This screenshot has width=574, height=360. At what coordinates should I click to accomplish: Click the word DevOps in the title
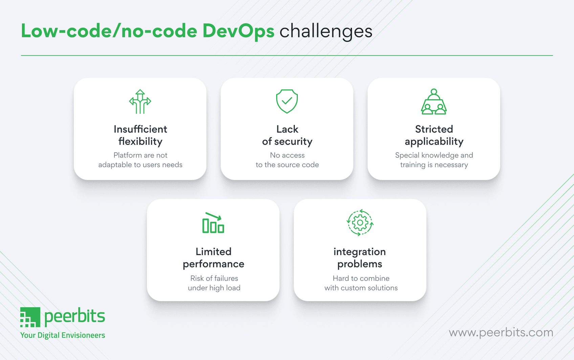(238, 31)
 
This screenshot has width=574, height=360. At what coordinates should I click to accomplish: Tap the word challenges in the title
(326, 31)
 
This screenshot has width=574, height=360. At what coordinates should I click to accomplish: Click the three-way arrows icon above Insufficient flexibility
(140, 102)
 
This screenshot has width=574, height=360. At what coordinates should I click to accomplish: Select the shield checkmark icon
(287, 101)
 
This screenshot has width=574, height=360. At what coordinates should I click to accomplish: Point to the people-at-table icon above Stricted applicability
(434, 102)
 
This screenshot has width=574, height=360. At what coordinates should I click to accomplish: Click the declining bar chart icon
(213, 223)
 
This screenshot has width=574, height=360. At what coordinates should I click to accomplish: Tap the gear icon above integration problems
(360, 222)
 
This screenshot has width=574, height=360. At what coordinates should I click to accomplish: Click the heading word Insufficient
(140, 129)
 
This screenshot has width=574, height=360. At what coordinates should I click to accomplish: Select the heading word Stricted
(434, 129)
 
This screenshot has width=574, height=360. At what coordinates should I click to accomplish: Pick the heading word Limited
(214, 252)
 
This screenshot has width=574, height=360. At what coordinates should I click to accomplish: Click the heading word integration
(359, 252)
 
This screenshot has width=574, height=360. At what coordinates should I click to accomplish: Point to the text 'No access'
(287, 155)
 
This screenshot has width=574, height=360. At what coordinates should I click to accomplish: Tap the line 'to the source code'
(287, 165)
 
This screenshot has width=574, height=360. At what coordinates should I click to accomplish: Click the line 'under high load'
(214, 288)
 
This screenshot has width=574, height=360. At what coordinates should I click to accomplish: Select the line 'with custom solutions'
(361, 288)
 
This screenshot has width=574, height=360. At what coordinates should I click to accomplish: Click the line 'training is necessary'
(434, 165)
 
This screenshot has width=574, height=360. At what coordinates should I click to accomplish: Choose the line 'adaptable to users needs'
(140, 165)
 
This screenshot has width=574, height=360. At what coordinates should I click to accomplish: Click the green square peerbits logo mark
(30, 317)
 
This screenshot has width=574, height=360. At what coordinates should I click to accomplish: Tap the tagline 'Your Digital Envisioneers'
(63, 335)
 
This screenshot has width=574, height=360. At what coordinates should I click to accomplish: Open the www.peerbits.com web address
(501, 333)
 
